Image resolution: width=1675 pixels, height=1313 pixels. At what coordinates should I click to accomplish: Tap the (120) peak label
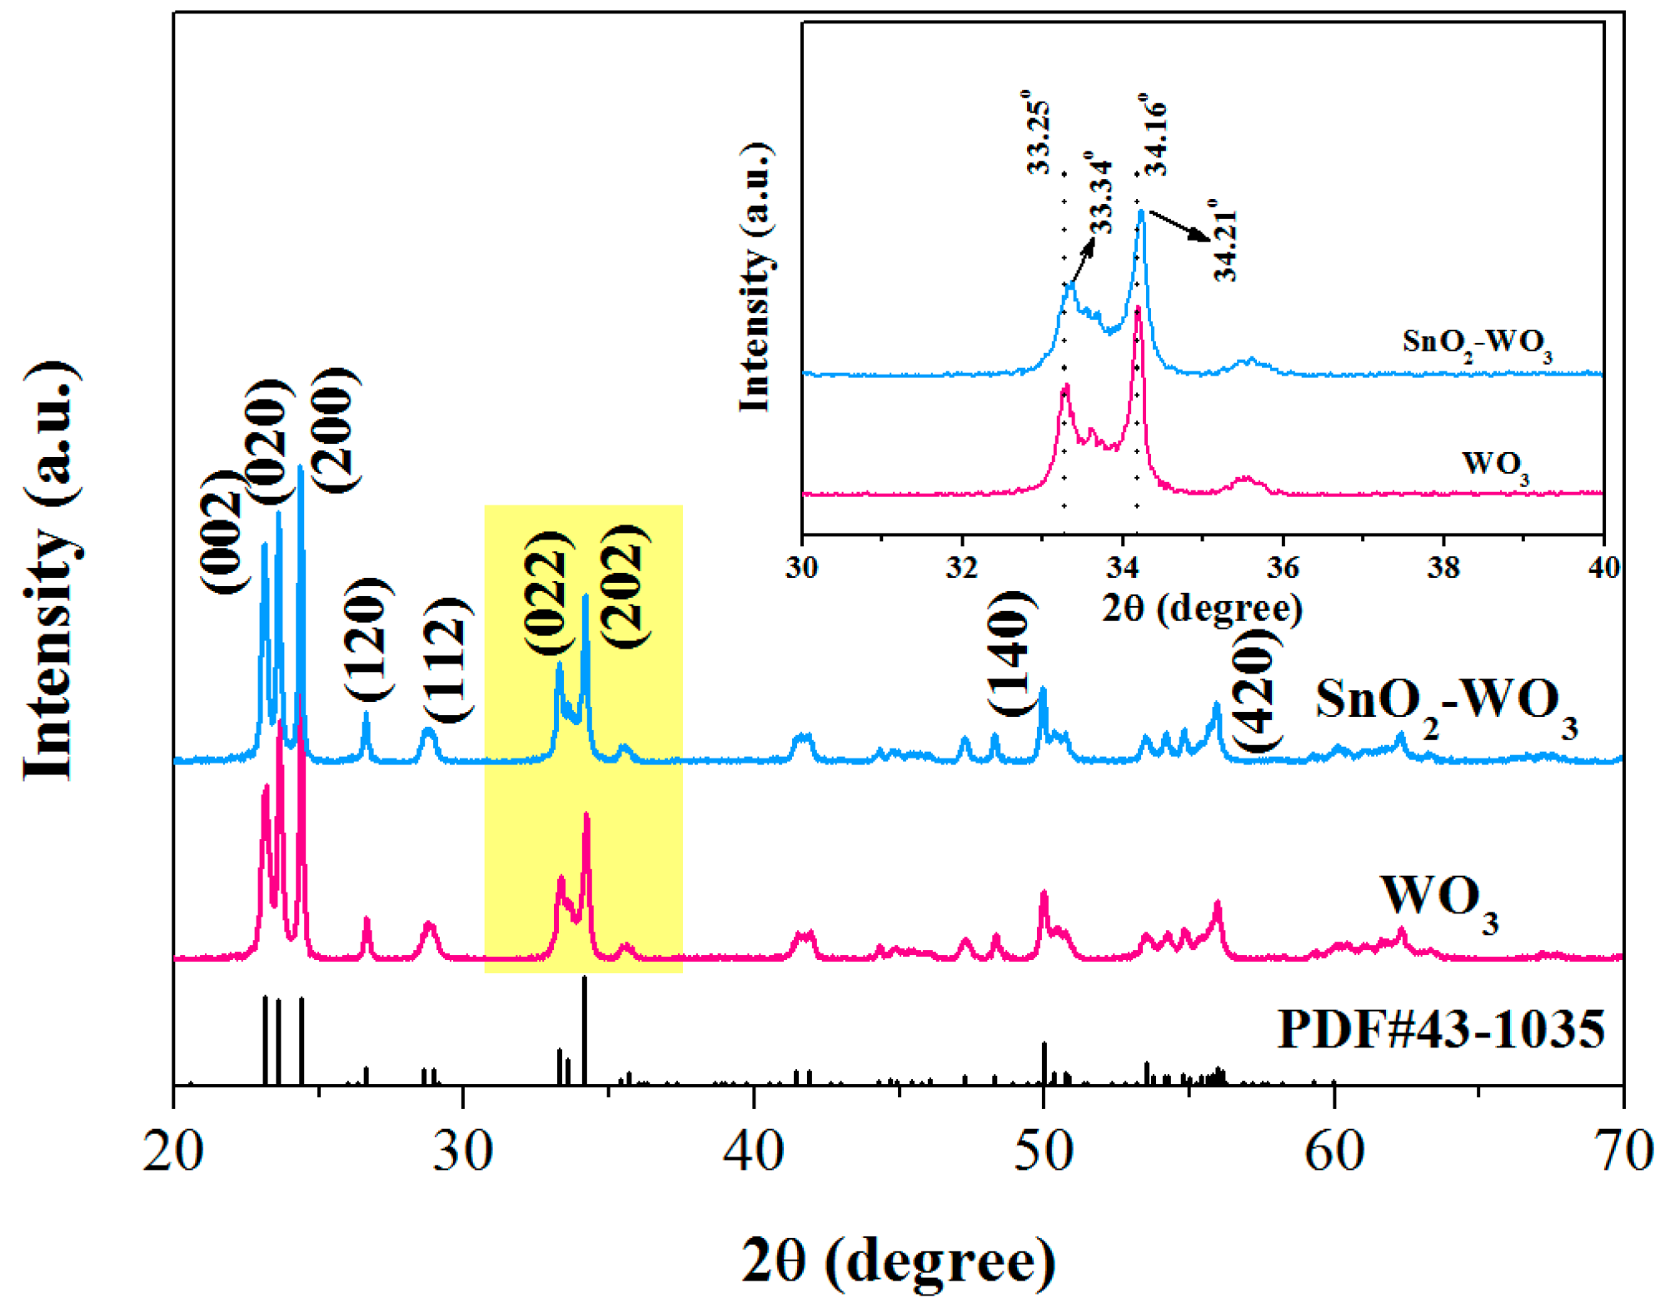pos(367,639)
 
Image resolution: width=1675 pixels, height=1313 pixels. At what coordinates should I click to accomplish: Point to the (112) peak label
pos(448,660)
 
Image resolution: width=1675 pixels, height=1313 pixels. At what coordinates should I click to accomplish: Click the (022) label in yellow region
pos(549,592)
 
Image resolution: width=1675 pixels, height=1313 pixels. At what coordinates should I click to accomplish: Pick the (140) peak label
pos(1012,654)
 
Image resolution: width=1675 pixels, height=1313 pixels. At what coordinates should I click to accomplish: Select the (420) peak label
pos(1256,691)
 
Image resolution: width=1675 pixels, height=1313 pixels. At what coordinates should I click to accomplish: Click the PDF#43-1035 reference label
pos(1441,1029)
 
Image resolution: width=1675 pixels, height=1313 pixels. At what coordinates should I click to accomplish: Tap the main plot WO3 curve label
pos(1439,903)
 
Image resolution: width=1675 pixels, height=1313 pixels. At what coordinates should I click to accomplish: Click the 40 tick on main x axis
pos(754,1152)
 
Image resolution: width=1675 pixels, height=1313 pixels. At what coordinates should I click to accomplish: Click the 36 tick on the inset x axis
pos(1283,568)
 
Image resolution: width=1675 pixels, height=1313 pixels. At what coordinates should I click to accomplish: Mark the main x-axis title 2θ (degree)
pos(899,1261)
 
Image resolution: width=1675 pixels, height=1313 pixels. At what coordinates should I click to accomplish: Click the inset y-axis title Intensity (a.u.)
pos(755,277)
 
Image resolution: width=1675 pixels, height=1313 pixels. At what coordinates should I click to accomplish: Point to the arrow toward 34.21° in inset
pos(1179,226)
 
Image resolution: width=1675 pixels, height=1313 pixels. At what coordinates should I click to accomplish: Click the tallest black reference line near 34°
pos(585,1030)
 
